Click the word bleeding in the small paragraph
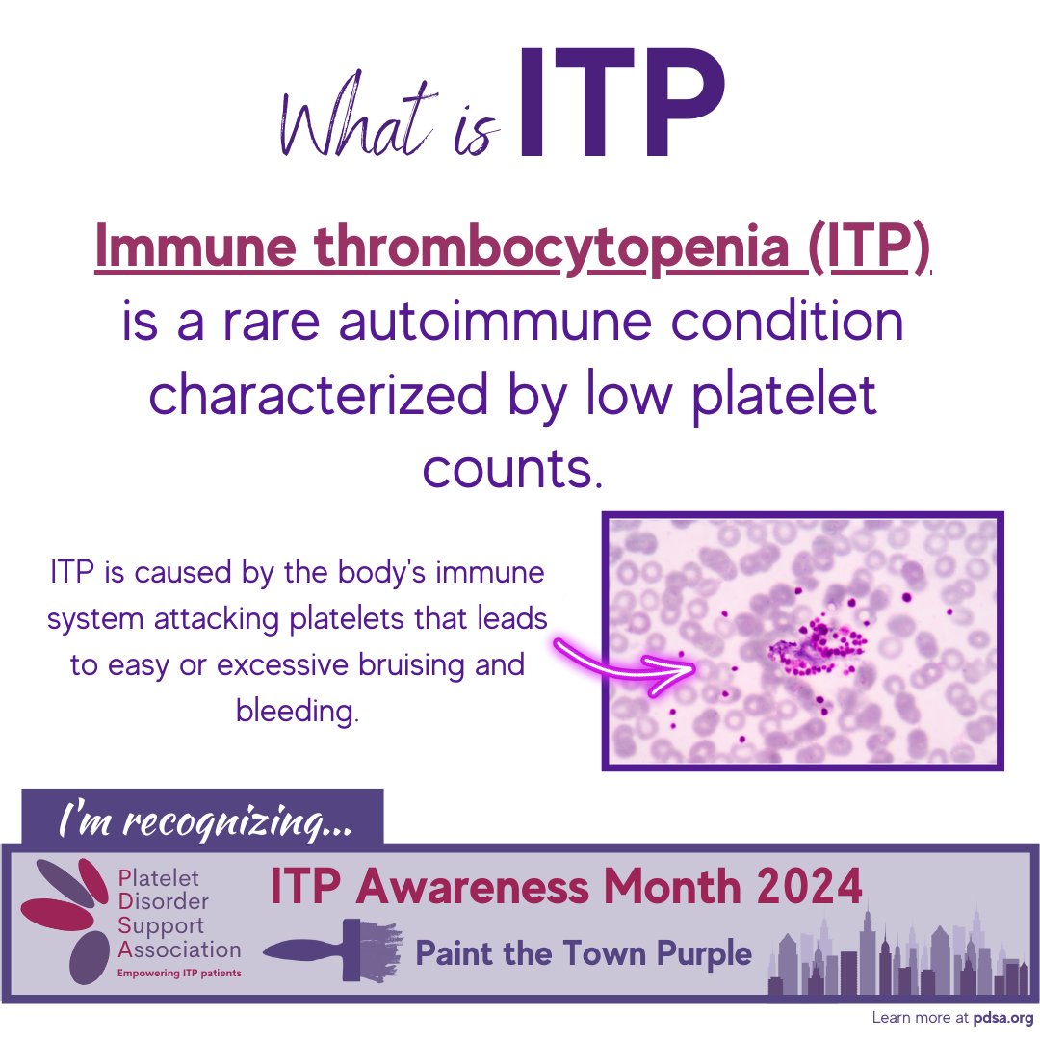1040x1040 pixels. (x=297, y=712)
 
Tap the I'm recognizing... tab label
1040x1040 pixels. (x=203, y=821)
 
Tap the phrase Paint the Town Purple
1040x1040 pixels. (x=583, y=953)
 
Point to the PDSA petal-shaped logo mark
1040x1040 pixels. (x=72, y=920)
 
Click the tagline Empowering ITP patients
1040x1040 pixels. (x=179, y=974)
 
